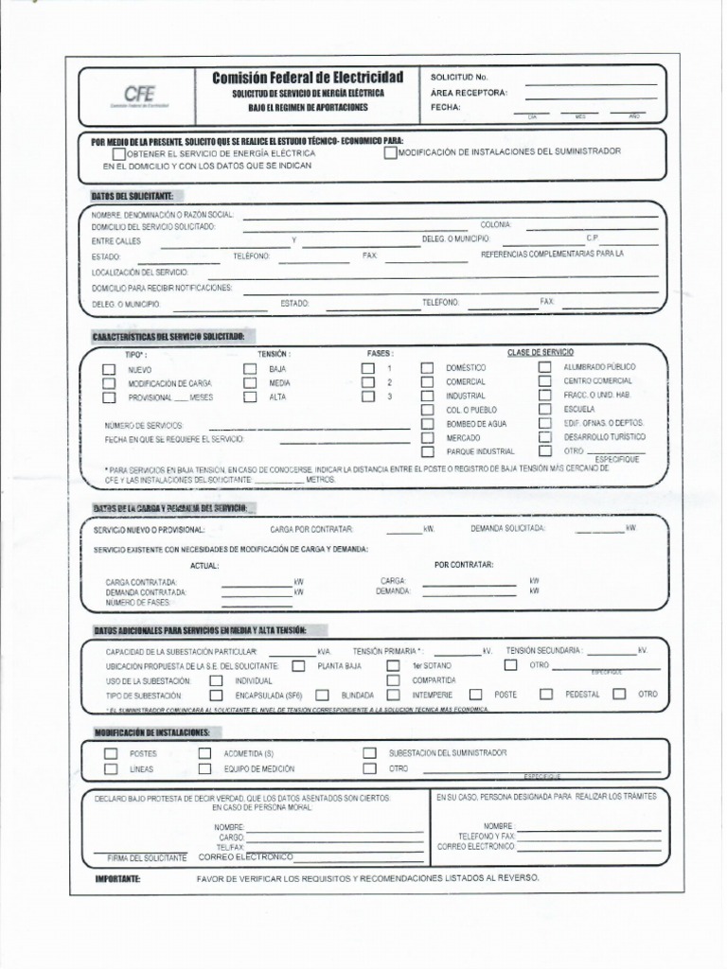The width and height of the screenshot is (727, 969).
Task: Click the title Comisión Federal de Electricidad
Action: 308,77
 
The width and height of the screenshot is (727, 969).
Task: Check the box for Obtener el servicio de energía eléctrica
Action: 118,153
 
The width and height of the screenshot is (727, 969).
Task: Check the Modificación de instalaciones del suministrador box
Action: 391,151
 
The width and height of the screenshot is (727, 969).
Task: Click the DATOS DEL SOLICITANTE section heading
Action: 132,195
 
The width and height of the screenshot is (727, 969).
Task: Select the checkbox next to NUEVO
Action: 110,369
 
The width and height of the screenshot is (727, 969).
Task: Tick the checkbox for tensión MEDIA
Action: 250,383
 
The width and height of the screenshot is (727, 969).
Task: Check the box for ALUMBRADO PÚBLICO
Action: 545,366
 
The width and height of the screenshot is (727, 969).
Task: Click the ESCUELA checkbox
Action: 545,409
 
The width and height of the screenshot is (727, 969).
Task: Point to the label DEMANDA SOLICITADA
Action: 507,529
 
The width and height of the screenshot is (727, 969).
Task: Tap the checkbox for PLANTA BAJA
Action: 299,665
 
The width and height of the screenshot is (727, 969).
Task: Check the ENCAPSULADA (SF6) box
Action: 216,695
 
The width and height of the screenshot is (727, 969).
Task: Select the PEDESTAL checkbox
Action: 546,694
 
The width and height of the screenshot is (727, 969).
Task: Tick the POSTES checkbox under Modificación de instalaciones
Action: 111,753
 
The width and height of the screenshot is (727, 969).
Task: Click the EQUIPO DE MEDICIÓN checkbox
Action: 204,769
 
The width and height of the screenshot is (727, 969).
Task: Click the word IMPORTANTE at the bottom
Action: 117,879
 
